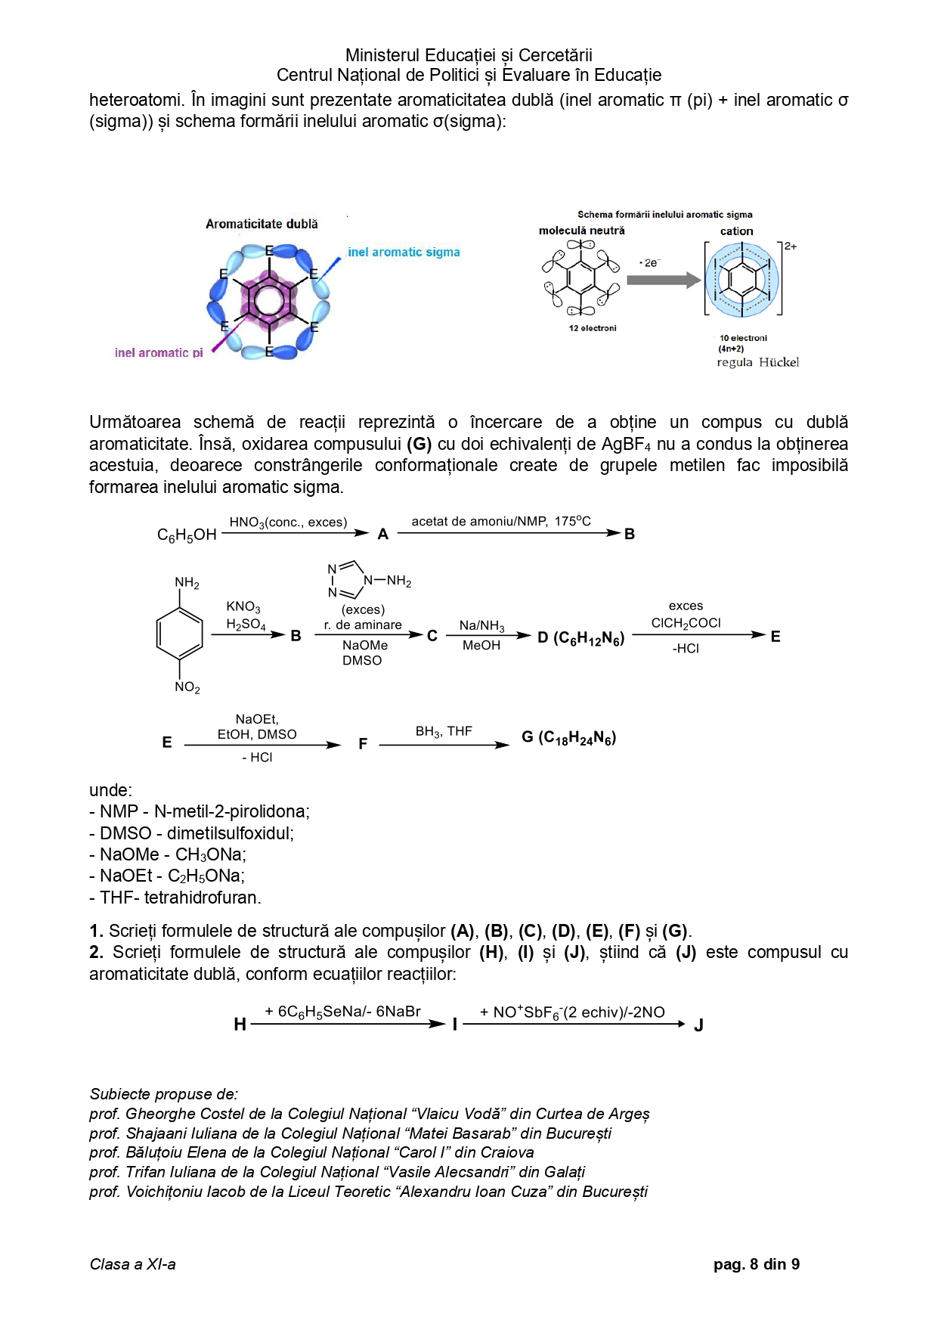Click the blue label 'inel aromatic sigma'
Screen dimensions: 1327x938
pos(404,253)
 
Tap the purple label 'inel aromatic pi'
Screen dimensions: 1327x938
pos(159,352)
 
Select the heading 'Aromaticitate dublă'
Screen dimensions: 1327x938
pos(262,224)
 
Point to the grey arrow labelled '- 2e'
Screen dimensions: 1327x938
pos(664,281)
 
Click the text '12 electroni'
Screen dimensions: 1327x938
pos(593,328)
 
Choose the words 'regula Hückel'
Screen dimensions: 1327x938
pos(757,362)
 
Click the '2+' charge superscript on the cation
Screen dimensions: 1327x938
pos(790,246)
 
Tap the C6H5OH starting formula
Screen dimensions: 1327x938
pos(187,535)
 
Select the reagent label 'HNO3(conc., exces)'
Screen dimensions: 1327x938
pos(288,522)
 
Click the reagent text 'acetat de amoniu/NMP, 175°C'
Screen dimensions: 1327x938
pos(501,521)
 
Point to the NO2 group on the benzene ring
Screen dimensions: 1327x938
pos(187,687)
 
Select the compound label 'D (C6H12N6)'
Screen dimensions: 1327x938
pos(580,638)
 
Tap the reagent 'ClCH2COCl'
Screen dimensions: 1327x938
pos(686,623)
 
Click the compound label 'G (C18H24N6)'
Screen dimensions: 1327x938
pos(568,738)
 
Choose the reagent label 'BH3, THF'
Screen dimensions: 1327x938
pos(444,731)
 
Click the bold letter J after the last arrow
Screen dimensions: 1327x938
pos(698,1025)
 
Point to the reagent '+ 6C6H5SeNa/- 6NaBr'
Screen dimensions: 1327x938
pos(342,1012)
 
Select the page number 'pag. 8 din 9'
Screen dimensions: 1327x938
pos(756,1264)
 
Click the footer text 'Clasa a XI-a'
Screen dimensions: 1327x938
pos(132,1264)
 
